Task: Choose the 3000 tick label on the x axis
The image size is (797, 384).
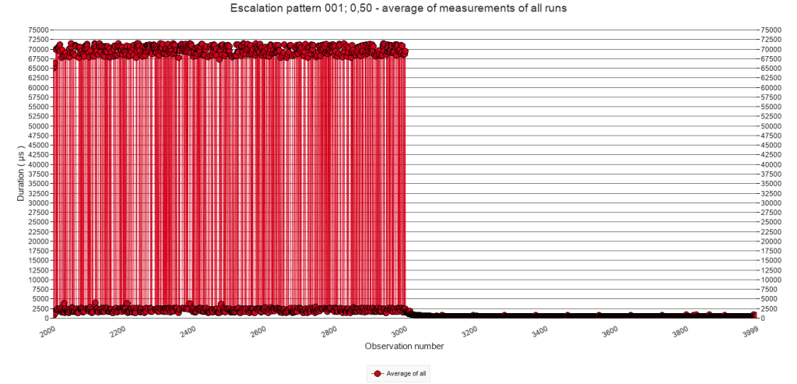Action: [x=396, y=330]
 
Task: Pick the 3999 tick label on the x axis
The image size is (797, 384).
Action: [x=748, y=330]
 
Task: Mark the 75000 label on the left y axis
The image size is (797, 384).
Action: [x=38, y=30]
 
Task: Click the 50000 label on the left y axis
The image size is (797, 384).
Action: [x=38, y=125]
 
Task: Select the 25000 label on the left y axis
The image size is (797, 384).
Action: [x=38, y=222]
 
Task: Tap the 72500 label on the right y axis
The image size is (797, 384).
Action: [x=771, y=39]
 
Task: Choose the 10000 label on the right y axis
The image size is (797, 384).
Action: [x=771, y=280]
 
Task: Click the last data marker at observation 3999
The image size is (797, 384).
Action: [x=754, y=315]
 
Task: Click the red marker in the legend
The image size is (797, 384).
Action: [x=377, y=374]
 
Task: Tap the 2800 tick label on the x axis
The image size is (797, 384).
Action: [x=326, y=330]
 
